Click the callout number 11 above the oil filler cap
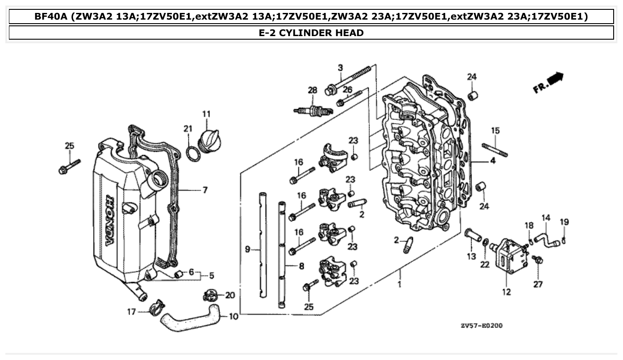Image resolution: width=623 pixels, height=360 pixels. point(206,114)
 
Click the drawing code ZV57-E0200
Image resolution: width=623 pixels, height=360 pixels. point(481,326)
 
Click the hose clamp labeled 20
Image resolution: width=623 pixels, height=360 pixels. point(210,295)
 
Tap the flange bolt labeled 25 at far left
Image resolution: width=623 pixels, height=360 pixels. point(69,166)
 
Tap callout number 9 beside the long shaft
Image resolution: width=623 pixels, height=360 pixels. point(248,250)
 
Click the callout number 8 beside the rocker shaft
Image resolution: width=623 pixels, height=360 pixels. point(301,266)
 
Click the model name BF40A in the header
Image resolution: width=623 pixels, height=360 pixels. point(51,16)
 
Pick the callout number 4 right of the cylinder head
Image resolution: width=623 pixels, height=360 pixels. point(493,161)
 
